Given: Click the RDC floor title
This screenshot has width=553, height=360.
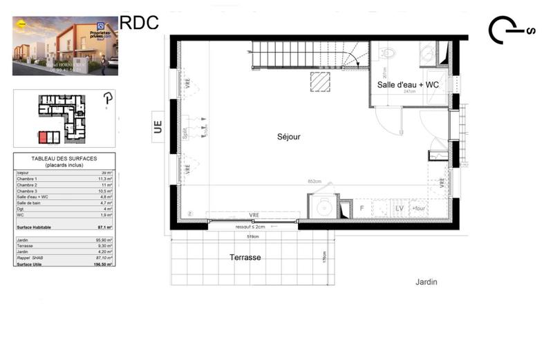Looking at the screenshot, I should [x=139, y=22].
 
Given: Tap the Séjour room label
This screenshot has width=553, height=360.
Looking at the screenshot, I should [x=288, y=137].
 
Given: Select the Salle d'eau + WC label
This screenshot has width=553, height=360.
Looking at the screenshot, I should [x=408, y=84].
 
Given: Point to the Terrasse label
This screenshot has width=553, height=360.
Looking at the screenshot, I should [x=245, y=257].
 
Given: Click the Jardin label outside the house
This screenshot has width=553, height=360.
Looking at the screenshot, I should [x=427, y=282].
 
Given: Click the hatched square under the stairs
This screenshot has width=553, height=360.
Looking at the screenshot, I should [x=320, y=81].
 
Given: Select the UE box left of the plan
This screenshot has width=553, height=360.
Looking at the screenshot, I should [x=158, y=126].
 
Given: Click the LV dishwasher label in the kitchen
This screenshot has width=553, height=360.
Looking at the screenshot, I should [x=399, y=208].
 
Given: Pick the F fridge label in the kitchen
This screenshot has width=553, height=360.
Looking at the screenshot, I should [x=361, y=207].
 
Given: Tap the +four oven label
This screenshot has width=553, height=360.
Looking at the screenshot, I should [x=419, y=208].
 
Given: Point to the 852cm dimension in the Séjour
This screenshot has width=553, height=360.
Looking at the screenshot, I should [x=315, y=182].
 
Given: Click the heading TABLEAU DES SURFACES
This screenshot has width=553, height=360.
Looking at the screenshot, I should [x=64, y=160].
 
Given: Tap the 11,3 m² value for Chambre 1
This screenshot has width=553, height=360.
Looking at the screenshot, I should [x=105, y=178].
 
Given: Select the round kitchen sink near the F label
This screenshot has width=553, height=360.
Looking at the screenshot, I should [x=324, y=207].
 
